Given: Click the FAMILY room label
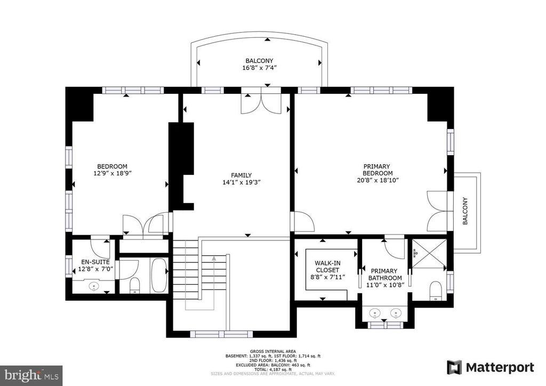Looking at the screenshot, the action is coord(242,175).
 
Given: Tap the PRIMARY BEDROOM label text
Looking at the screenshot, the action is coord(378,170).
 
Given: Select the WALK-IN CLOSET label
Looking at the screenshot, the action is coord(327,267).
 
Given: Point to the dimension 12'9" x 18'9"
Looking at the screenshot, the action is coord(112,173).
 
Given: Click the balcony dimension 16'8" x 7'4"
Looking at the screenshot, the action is coord(260,68).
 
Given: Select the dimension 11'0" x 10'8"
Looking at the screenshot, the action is coord(385,285).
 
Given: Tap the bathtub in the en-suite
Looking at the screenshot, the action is coord(159,275).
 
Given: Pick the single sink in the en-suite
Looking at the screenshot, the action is coord(94,286).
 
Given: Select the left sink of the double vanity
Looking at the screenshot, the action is coord(374,313).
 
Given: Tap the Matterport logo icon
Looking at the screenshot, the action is coord(454,367).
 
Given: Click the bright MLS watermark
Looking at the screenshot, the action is coord(31,375).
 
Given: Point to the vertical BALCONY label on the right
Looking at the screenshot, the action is coord(465,211).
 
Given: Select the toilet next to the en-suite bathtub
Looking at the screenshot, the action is coord(134,285).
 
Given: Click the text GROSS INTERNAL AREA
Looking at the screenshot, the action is coord(273,351).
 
